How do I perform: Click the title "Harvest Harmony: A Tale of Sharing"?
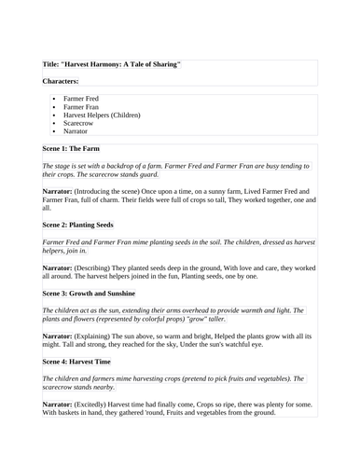(x=111, y=63)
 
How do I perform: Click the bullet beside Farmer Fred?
(x=55, y=98)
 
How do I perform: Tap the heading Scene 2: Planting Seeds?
(x=89, y=226)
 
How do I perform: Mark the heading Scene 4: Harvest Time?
(x=86, y=362)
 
